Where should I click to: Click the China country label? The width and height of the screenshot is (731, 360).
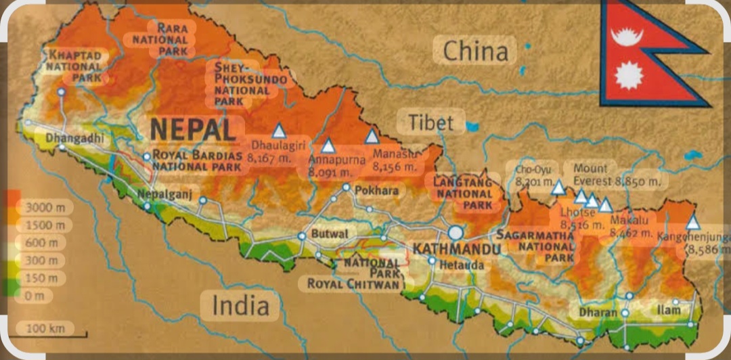click(x=475, y=51)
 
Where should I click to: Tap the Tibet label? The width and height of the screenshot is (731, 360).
click(x=430, y=122)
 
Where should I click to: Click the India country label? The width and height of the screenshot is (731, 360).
click(x=240, y=305)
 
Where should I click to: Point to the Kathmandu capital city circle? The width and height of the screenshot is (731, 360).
click(x=456, y=233)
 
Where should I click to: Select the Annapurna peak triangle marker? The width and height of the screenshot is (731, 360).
click(x=328, y=145)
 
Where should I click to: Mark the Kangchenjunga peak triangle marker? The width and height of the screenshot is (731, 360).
click(x=692, y=223)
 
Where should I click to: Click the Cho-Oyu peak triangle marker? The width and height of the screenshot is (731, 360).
click(x=558, y=187)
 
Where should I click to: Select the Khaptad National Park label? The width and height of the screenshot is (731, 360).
click(x=75, y=66)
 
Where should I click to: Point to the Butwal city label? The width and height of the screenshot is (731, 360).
click(x=330, y=233)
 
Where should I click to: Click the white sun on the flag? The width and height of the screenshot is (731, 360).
click(x=629, y=75)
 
